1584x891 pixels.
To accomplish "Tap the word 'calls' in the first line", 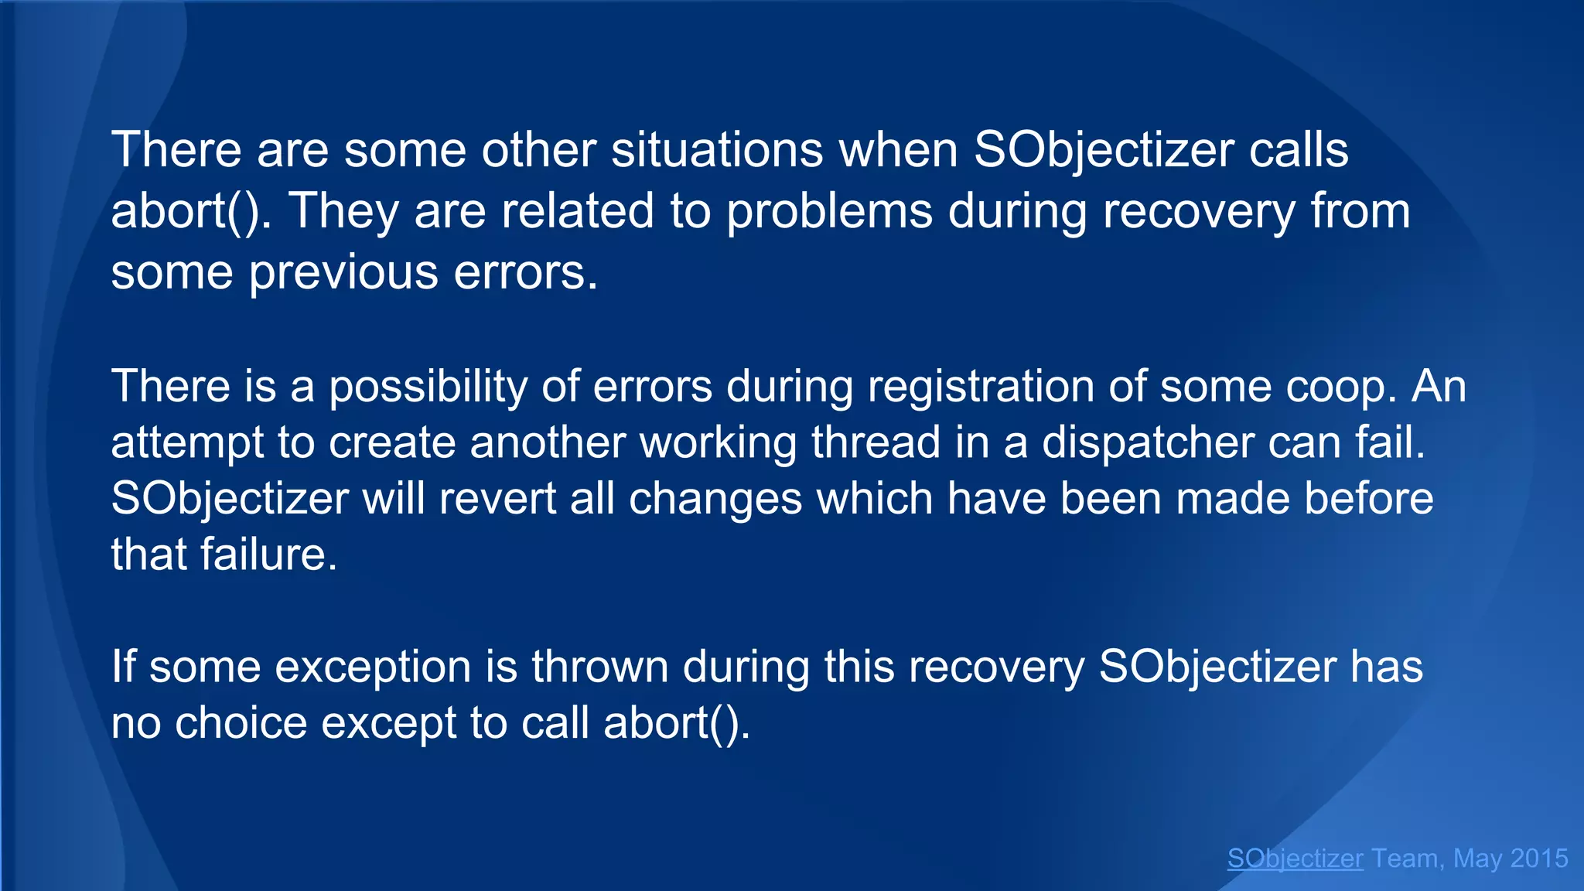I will point(1299,149).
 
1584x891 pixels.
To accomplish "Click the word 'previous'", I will point(343,273).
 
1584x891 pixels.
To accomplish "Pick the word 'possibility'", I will point(428,387).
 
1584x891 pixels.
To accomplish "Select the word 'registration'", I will point(981,387).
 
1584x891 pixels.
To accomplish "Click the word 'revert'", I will point(497,498).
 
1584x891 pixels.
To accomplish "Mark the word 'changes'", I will point(715,500).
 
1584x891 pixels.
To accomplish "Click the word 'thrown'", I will point(599,667).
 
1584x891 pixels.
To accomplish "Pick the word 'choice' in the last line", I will point(241,723).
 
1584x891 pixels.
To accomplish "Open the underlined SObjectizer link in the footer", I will point(1295,859).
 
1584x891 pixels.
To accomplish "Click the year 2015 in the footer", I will point(1538,859).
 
